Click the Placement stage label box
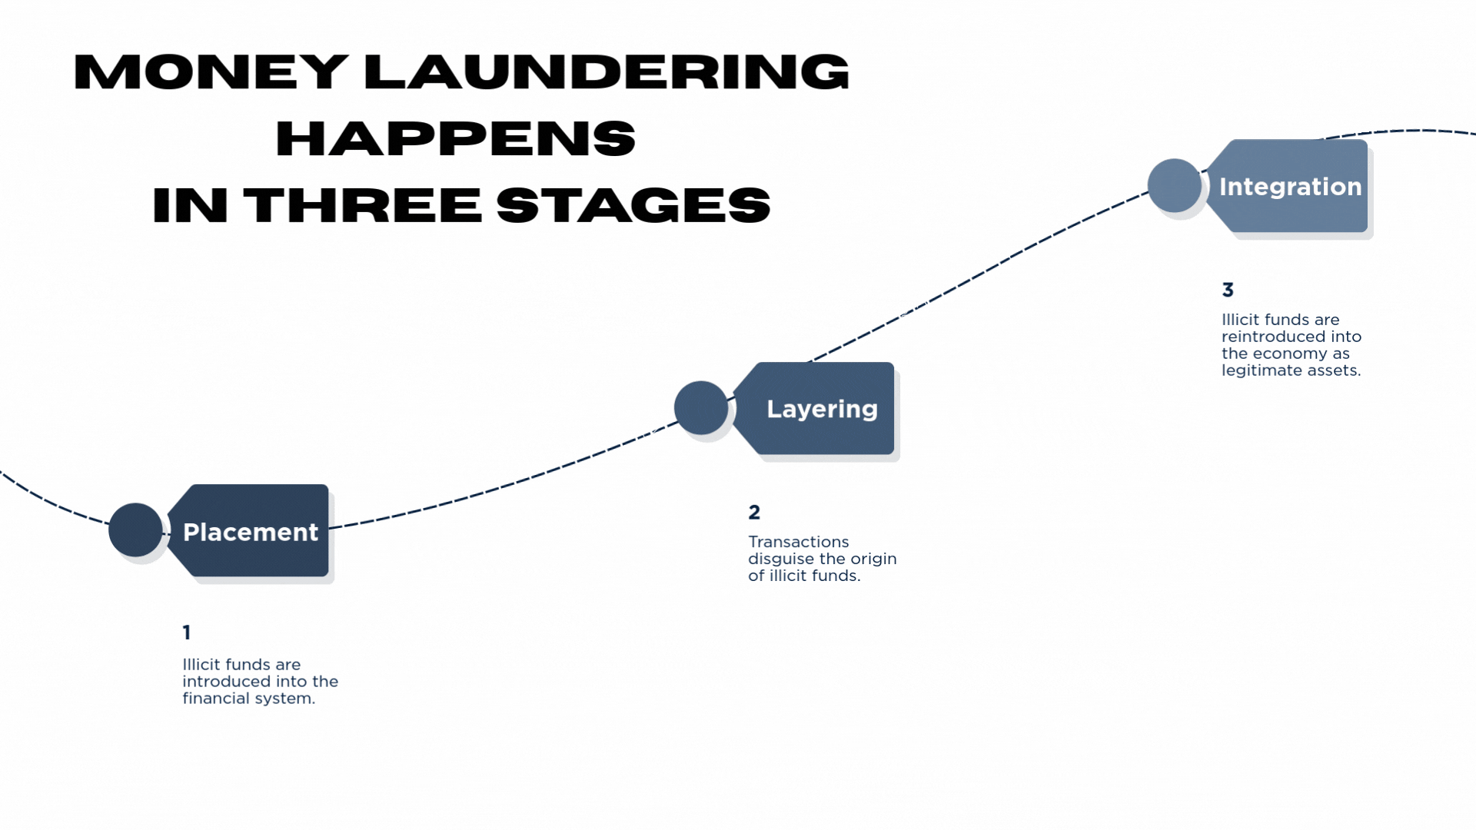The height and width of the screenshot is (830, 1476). pyautogui.click(x=251, y=531)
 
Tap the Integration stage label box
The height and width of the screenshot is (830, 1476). pyautogui.click(x=1290, y=186)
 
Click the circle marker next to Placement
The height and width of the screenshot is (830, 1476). pyautogui.click(x=135, y=530)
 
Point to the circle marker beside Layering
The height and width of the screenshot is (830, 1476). pyautogui.click(x=700, y=407)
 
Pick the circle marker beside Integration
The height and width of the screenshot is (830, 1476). pyautogui.click(x=1174, y=185)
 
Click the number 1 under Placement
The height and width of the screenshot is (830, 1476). pyautogui.click(x=187, y=632)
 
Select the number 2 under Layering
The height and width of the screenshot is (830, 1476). pyautogui.click(x=754, y=512)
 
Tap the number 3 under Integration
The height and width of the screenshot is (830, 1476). pyautogui.click(x=1228, y=290)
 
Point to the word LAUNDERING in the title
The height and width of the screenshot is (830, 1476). pyautogui.click(x=606, y=72)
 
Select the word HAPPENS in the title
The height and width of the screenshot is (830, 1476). pyautogui.click(x=455, y=139)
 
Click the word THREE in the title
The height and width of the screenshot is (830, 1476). pyautogui.click(x=362, y=206)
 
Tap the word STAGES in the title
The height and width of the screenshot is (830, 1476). pyautogui.click(x=633, y=206)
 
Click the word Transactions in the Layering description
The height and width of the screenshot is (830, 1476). pyautogui.click(x=798, y=542)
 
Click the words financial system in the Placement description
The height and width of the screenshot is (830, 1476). pyautogui.click(x=248, y=699)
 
